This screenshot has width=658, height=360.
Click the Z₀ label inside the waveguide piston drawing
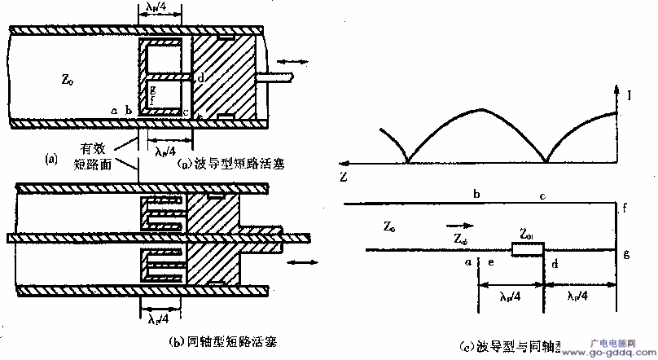tap(68, 79)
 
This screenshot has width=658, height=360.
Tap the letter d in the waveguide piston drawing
tap(200, 77)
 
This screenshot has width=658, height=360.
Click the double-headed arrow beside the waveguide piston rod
tap(292, 60)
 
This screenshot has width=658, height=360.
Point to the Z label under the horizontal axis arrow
tap(348, 176)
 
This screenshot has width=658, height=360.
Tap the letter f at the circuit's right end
tap(625, 209)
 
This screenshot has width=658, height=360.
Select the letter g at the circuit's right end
tap(625, 255)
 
